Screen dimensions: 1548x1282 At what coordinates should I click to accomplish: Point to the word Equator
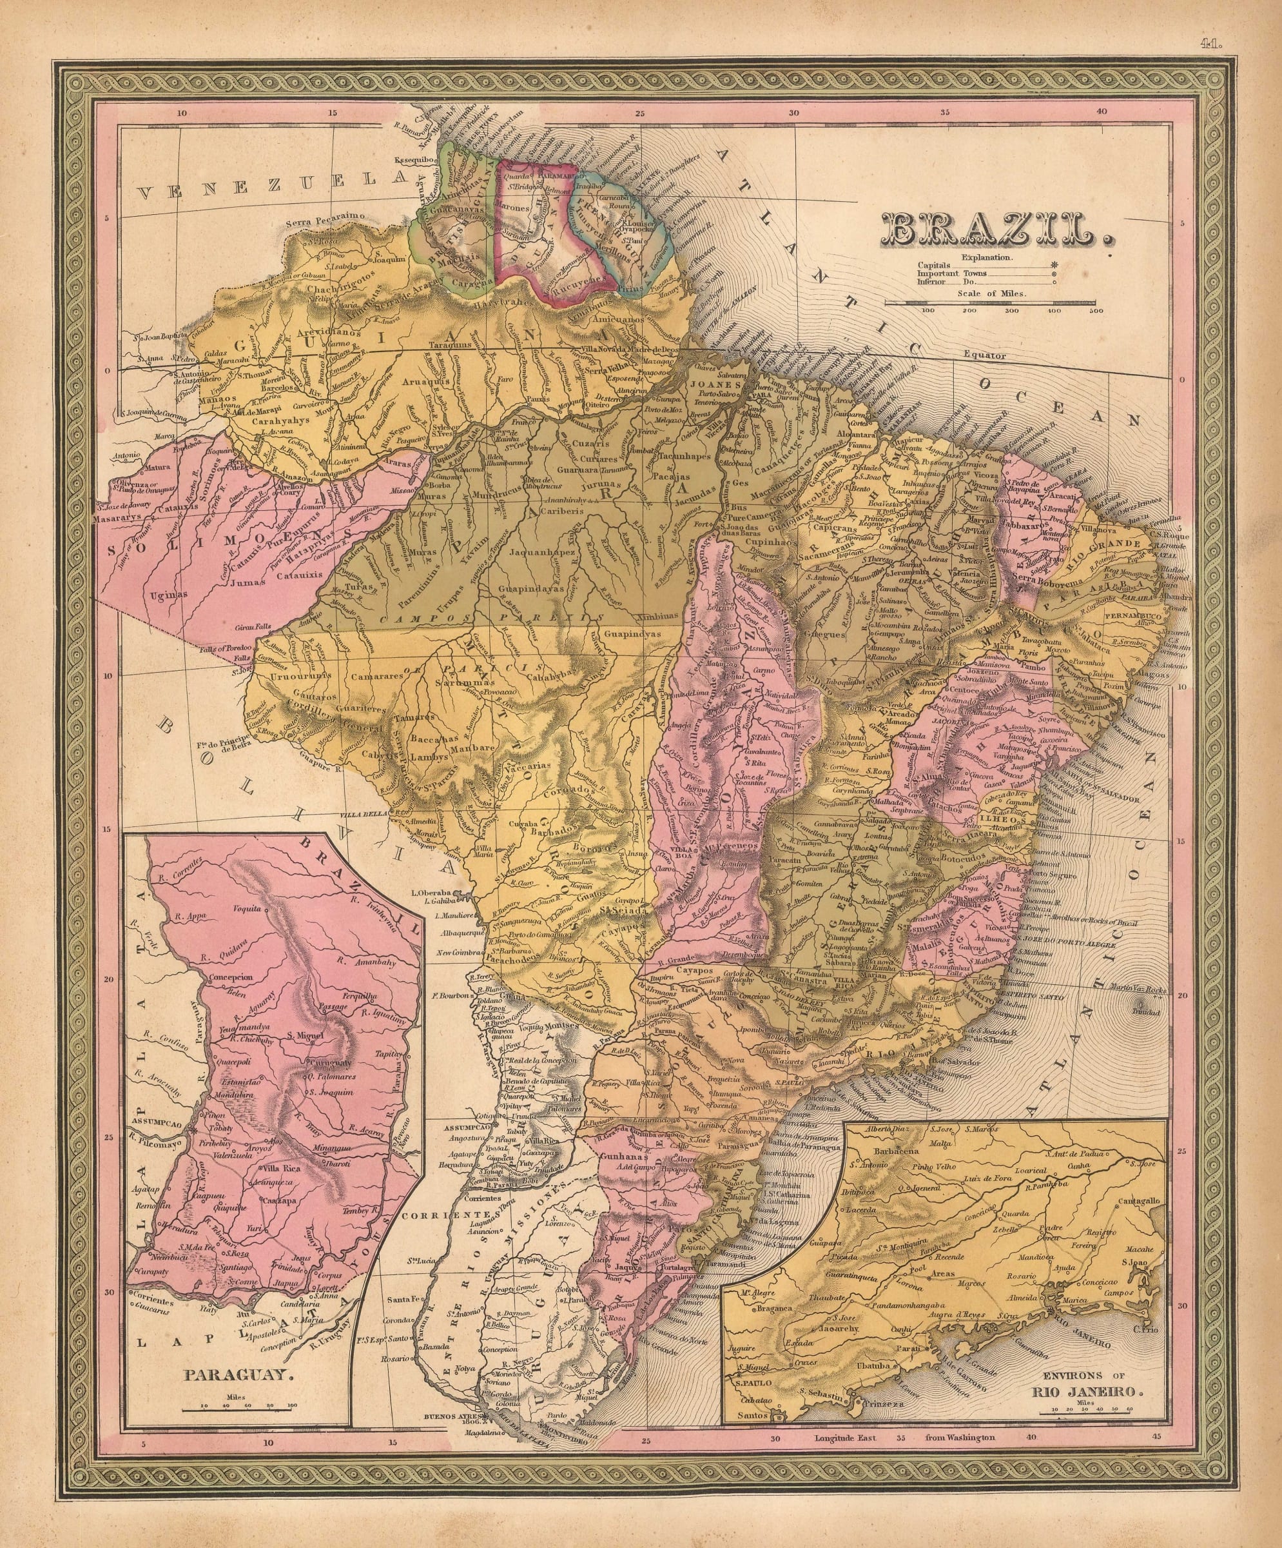[984, 355]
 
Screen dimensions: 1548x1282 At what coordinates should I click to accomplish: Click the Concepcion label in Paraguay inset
[231, 977]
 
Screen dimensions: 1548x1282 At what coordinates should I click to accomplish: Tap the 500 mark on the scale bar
[1096, 310]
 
